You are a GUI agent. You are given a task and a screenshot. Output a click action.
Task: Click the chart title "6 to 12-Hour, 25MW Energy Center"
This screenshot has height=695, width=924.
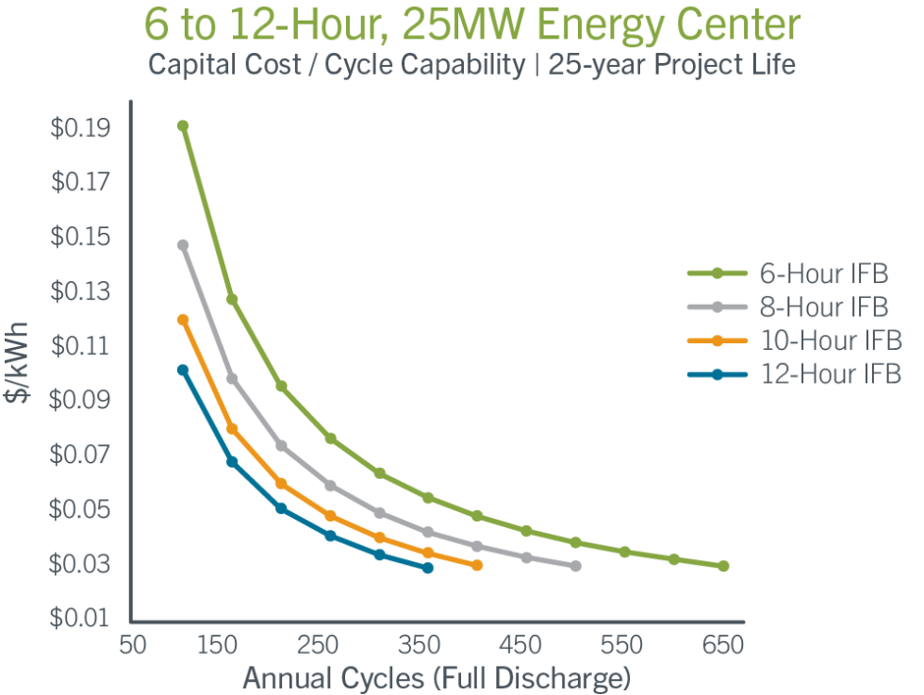click(461, 26)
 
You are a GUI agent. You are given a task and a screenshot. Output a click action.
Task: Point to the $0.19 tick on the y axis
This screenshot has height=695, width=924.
click(79, 127)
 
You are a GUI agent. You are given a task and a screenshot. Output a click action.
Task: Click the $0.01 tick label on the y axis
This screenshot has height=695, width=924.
click(79, 619)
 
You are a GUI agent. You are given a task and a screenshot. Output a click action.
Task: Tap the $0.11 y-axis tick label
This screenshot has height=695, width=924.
click(79, 346)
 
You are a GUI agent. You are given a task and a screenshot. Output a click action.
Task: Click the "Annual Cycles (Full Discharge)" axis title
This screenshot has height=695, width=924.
click(437, 678)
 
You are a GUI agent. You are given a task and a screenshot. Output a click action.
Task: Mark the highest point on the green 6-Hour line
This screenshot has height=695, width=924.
click(182, 124)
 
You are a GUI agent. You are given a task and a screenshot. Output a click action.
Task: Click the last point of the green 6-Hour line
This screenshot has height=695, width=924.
click(723, 566)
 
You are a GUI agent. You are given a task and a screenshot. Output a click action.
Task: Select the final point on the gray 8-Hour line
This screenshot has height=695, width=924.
click(575, 566)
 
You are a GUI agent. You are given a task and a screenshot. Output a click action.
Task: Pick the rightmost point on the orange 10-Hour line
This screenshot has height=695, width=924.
click(477, 565)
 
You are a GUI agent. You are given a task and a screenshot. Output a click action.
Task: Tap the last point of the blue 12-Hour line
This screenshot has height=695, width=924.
click(428, 568)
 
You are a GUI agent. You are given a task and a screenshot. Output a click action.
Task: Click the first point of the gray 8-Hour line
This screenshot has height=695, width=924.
click(183, 244)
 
